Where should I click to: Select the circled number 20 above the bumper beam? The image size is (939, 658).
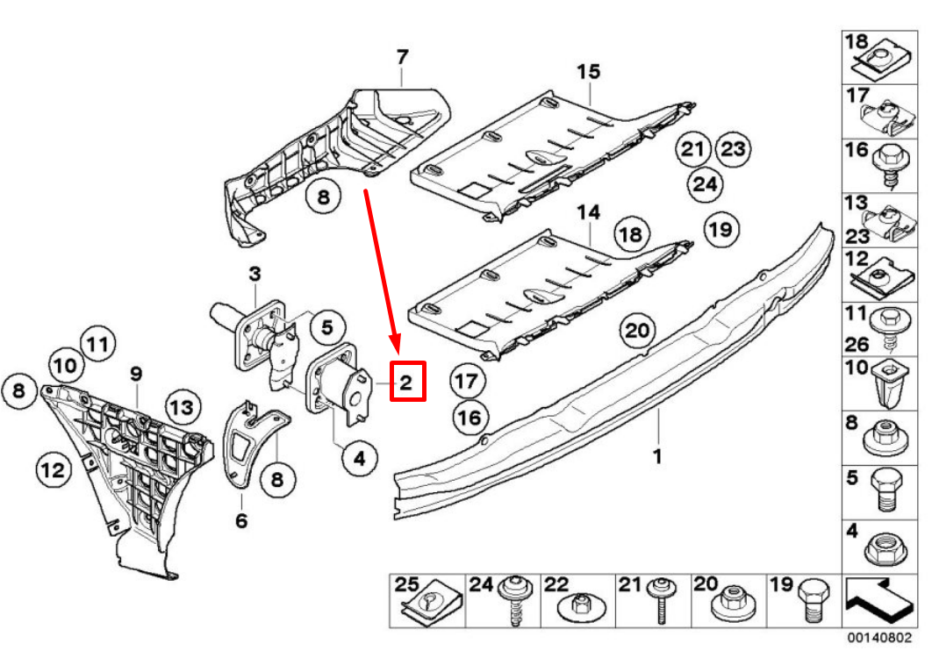click(638, 331)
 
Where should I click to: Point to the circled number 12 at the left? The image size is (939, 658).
click(53, 469)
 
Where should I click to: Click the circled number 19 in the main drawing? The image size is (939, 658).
click(720, 230)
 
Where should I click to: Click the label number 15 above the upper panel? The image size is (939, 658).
click(587, 70)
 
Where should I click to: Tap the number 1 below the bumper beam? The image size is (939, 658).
click(657, 456)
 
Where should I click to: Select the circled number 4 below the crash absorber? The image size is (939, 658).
click(360, 457)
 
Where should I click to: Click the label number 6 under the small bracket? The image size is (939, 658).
click(241, 521)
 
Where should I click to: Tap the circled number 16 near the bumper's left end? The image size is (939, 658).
click(470, 418)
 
